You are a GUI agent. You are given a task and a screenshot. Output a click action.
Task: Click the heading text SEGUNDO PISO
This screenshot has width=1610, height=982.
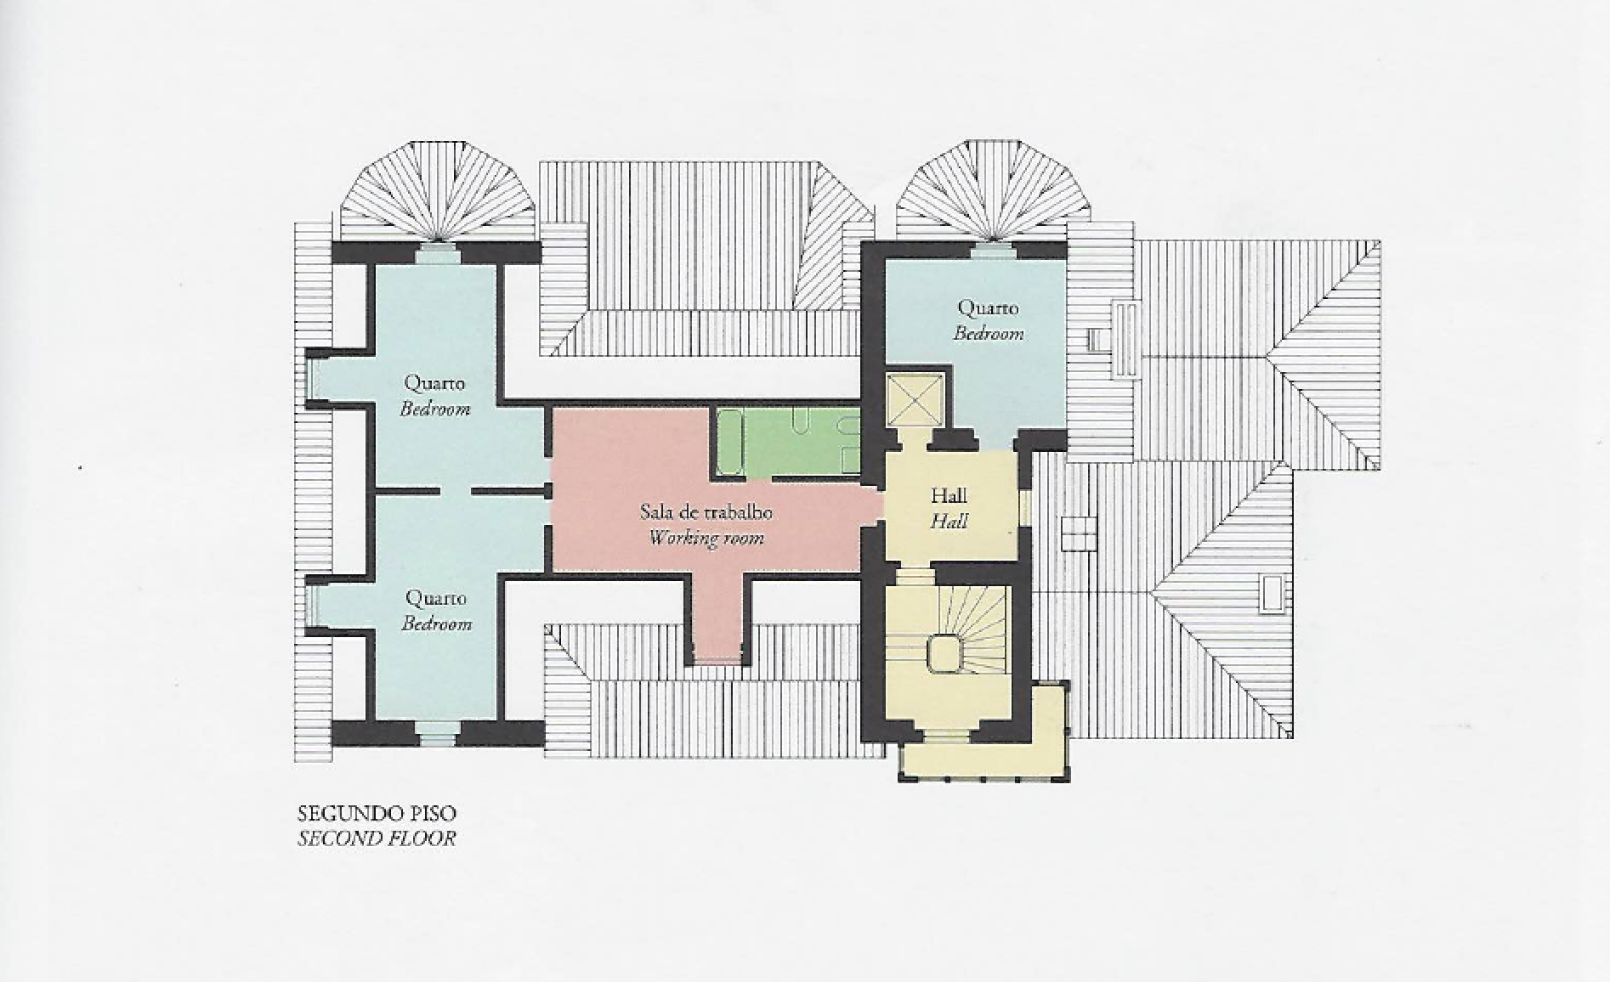(377, 813)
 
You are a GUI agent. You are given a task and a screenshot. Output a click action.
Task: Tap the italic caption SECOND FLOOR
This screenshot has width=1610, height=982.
(377, 838)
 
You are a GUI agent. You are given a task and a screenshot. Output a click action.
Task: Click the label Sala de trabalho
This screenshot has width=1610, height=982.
(706, 512)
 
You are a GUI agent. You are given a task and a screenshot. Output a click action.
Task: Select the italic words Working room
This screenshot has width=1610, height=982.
(706, 538)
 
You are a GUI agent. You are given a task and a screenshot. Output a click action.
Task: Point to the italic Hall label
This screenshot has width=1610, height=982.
(949, 521)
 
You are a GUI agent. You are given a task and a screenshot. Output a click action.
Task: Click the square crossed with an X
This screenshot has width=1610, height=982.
(915, 398)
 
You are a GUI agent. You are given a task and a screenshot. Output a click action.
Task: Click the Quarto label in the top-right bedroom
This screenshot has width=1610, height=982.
(988, 308)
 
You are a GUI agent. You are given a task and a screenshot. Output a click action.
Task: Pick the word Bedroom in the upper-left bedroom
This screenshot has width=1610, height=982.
(435, 409)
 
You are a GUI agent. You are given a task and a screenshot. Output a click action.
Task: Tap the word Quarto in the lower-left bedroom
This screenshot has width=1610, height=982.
(436, 598)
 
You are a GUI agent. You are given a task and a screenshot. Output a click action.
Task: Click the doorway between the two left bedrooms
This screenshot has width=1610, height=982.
(456, 492)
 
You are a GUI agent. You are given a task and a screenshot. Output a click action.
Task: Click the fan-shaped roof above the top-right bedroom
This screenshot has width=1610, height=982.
(986, 191)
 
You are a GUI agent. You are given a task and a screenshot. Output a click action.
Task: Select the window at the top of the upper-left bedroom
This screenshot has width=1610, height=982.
(438, 252)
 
